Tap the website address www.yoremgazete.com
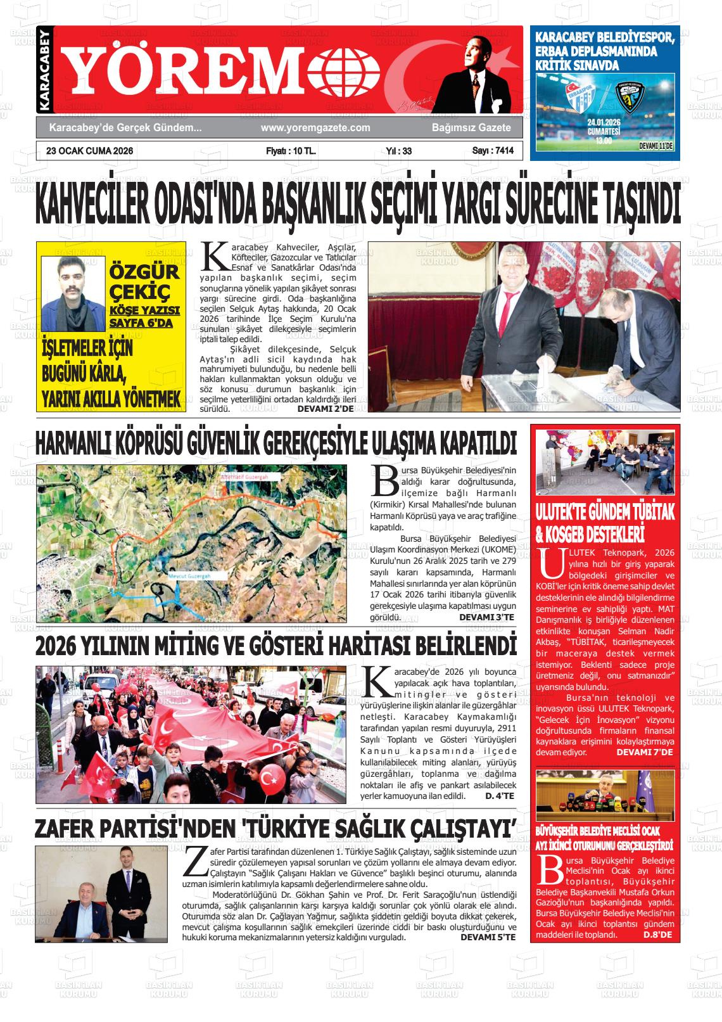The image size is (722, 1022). (x=315, y=128)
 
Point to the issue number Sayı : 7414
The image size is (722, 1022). (x=493, y=151)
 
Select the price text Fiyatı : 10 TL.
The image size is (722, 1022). (x=291, y=151)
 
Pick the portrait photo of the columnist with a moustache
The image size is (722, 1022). (x=73, y=293)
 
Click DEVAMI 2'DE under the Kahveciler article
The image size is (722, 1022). (x=326, y=409)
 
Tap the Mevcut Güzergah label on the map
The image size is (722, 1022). (x=189, y=576)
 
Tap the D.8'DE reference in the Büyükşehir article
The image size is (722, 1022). (x=659, y=935)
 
